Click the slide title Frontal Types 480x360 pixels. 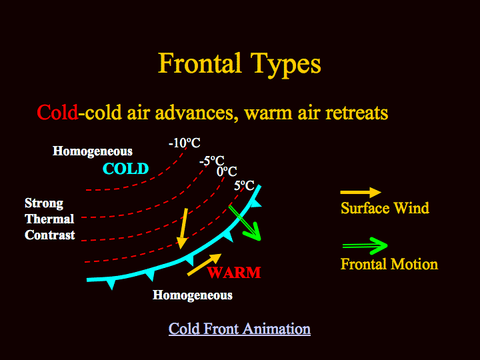click(x=239, y=65)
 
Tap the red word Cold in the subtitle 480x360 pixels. click(x=57, y=113)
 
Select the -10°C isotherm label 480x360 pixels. click(x=184, y=143)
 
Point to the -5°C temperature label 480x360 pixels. click(x=212, y=161)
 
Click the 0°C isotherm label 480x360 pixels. click(x=227, y=171)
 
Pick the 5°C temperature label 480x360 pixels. click(x=244, y=185)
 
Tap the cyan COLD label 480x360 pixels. click(x=126, y=169)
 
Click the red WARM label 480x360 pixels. click(x=234, y=273)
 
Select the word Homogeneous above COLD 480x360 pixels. click(x=93, y=151)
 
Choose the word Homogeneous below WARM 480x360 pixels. click(x=193, y=295)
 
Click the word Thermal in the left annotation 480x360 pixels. click(x=49, y=219)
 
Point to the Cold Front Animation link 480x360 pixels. click(x=240, y=329)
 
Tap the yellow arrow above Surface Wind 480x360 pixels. click(x=361, y=193)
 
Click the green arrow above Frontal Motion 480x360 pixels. click(x=365, y=246)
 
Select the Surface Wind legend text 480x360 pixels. click(x=385, y=208)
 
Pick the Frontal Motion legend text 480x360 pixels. click(x=389, y=264)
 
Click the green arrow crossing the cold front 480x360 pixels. click(x=245, y=223)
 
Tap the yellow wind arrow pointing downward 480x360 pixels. click(x=183, y=229)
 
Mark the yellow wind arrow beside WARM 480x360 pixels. click(x=204, y=265)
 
